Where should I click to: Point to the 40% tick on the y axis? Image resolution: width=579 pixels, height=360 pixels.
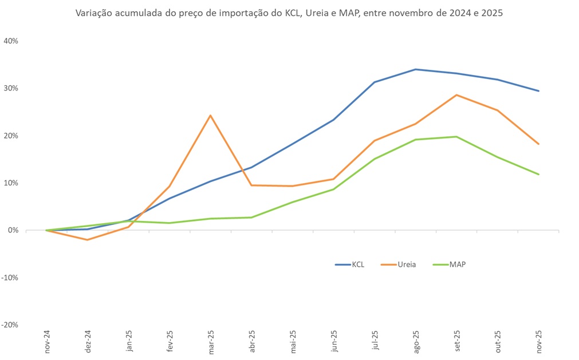tap(11, 41)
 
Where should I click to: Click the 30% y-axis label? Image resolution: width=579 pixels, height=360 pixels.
tap(11, 89)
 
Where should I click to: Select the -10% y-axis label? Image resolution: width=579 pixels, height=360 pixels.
tap(11, 278)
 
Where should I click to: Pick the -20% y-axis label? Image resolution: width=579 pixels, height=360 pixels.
tap(11, 325)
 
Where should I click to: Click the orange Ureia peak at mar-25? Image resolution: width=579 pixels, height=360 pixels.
tap(211, 116)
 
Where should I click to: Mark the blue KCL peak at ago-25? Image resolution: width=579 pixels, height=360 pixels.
tap(416, 69)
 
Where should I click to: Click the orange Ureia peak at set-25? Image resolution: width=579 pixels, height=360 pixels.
tap(456, 95)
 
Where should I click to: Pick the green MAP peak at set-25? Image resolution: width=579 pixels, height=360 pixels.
tap(456, 137)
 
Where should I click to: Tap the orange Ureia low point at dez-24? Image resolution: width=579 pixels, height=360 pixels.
tap(88, 240)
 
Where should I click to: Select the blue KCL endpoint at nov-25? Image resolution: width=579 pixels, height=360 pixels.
tap(538, 91)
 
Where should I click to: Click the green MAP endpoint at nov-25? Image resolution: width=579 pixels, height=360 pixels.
tap(538, 175)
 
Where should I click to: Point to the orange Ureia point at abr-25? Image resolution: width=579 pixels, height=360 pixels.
tap(251, 185)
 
